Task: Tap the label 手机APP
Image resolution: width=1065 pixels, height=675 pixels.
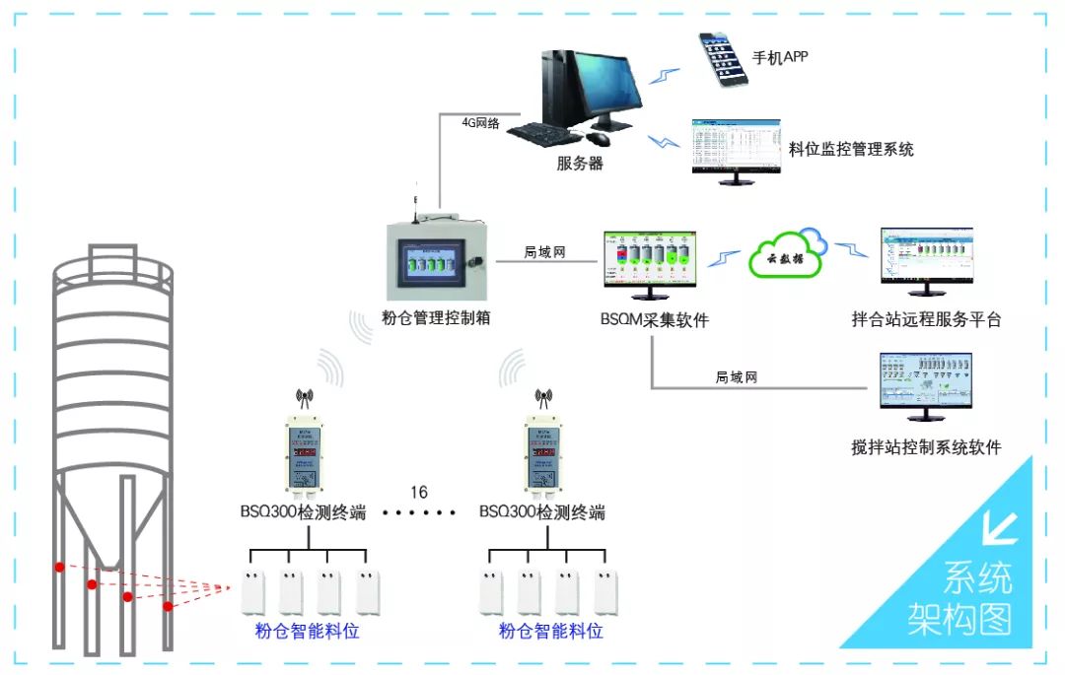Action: pyautogui.click(x=780, y=57)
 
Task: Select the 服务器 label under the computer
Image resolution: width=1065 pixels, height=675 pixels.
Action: pyautogui.click(x=580, y=164)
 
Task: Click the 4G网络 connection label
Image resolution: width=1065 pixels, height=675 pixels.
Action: pyautogui.click(x=481, y=123)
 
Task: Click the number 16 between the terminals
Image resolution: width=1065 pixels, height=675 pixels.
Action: pyautogui.click(x=419, y=491)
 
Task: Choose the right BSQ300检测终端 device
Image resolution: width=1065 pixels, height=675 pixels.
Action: pyautogui.click(x=542, y=449)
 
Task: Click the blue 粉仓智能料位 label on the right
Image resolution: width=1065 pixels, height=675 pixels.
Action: pyautogui.click(x=550, y=632)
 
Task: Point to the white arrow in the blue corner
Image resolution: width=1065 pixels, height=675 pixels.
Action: pyautogui.click(x=1000, y=529)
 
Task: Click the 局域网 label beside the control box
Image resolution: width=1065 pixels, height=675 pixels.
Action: pyautogui.click(x=544, y=252)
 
